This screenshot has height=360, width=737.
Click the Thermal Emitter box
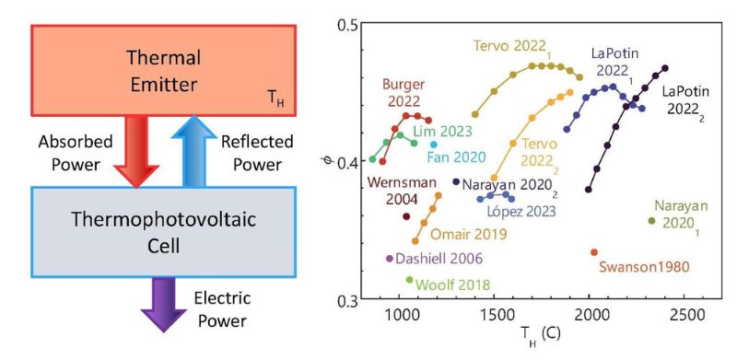tap(163, 70)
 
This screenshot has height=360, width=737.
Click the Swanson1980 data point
tap(594, 252)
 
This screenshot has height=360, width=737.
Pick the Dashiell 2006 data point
tap(390, 259)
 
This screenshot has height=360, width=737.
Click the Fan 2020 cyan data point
tap(434, 145)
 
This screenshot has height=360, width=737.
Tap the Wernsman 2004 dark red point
tap(406, 216)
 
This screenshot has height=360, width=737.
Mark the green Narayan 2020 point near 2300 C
tap(652, 220)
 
